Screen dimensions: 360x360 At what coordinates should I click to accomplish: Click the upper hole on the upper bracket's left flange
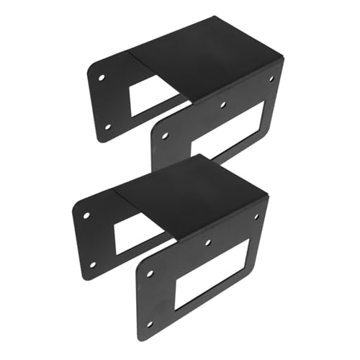[102, 76]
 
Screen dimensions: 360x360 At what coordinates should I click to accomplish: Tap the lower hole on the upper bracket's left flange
[107, 127]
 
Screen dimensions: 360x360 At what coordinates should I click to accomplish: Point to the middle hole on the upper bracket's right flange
[222, 105]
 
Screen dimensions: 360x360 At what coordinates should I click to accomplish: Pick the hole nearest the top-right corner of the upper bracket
[271, 78]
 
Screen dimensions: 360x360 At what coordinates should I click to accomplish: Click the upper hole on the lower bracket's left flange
[86, 215]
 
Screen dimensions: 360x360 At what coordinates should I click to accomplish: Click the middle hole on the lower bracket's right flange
[208, 243]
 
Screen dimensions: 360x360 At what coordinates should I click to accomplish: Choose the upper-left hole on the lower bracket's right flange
[150, 273]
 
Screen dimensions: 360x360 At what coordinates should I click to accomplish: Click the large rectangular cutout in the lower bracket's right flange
[216, 274]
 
